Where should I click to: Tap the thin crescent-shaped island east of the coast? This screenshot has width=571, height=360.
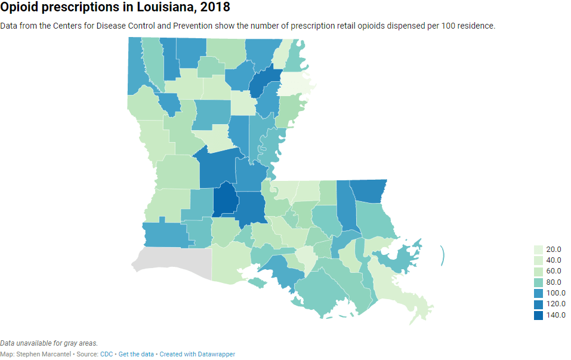(x=443, y=256)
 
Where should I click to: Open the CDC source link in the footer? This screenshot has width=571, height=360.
(x=106, y=354)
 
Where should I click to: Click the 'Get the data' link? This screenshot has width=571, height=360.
(x=137, y=354)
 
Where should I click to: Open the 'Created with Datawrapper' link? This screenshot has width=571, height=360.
(x=197, y=354)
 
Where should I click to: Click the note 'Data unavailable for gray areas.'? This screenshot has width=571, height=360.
(x=49, y=343)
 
